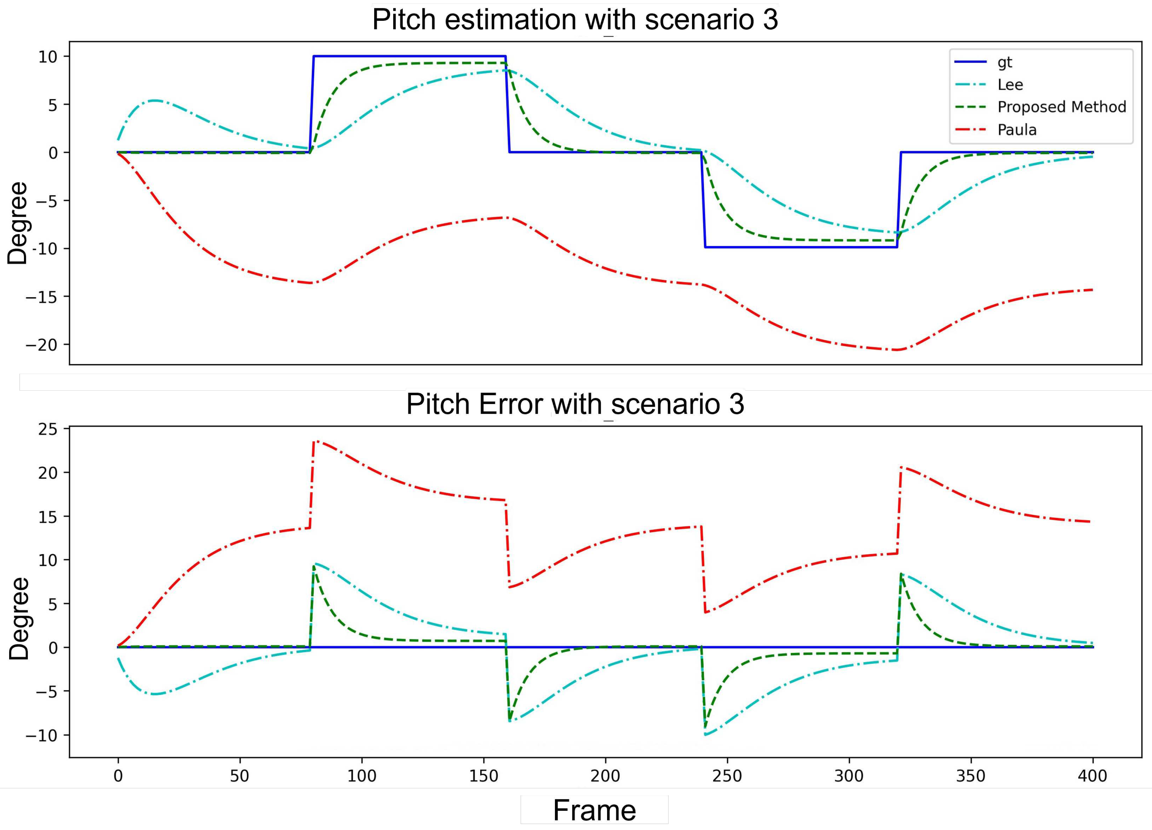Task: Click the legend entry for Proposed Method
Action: (x=1061, y=107)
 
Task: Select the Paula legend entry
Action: (x=1017, y=130)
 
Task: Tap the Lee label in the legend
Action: (x=1010, y=85)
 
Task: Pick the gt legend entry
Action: (x=1005, y=62)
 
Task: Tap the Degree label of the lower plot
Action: (x=19, y=618)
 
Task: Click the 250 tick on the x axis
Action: (x=727, y=776)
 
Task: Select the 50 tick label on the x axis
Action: (x=240, y=776)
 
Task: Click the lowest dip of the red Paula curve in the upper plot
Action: (x=897, y=350)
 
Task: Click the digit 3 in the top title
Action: (x=770, y=20)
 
